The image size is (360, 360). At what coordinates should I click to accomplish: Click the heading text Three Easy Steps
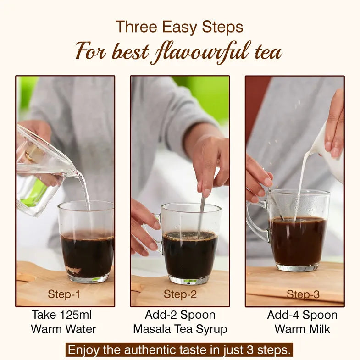[179, 27]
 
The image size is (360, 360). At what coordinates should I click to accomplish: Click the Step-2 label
[180, 294]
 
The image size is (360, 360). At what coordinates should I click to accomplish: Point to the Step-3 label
[303, 294]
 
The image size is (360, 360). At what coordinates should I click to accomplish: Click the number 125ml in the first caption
[74, 315]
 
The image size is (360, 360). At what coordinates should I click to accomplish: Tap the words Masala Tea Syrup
[180, 329]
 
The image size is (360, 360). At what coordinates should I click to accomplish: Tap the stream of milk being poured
[302, 183]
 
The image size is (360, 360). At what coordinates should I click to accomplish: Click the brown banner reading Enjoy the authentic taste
[179, 350]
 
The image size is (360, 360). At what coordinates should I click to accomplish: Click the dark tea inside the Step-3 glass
[298, 241]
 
